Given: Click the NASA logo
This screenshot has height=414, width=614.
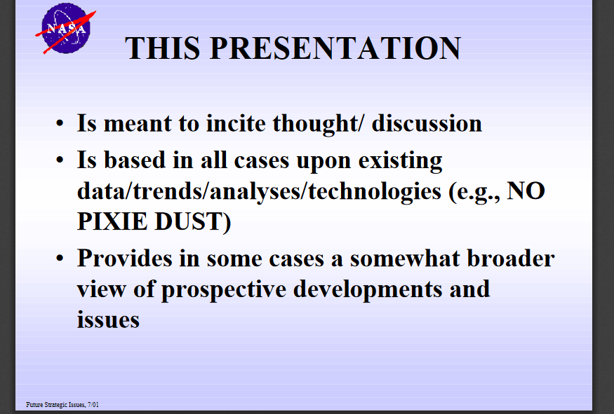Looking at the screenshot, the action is [66, 29].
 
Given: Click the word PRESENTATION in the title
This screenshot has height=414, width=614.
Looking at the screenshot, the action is [335, 48].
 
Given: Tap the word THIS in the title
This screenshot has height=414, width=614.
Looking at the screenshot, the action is [162, 48].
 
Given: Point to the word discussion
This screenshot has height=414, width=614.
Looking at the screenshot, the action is [427, 123].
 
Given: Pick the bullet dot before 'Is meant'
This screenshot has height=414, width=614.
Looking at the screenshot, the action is [60, 123].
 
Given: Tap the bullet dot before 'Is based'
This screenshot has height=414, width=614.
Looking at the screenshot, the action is [60, 160].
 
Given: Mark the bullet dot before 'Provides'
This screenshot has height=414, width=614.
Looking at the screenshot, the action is [60, 258].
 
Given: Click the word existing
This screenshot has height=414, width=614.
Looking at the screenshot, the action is [400, 161].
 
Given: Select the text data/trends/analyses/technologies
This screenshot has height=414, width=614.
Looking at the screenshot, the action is [259, 192].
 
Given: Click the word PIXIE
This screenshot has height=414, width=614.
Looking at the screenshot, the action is [112, 221].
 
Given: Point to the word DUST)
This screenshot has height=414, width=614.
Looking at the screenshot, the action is [193, 222].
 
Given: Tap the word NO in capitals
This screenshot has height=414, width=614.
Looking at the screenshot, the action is [526, 191].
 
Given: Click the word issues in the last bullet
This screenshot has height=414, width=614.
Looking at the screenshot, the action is [108, 320].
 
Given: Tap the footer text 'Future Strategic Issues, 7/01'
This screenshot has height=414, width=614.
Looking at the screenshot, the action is [62, 405].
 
